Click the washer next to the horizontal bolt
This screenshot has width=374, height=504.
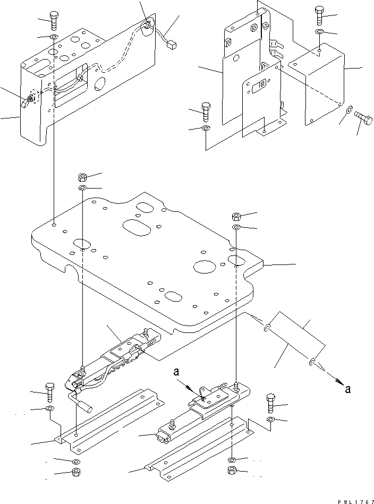pos(349,110)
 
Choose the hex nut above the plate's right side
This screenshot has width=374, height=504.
pos(236,217)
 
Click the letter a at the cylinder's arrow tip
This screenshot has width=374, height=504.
pos(347,390)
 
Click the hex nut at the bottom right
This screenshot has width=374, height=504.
pos(232,471)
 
